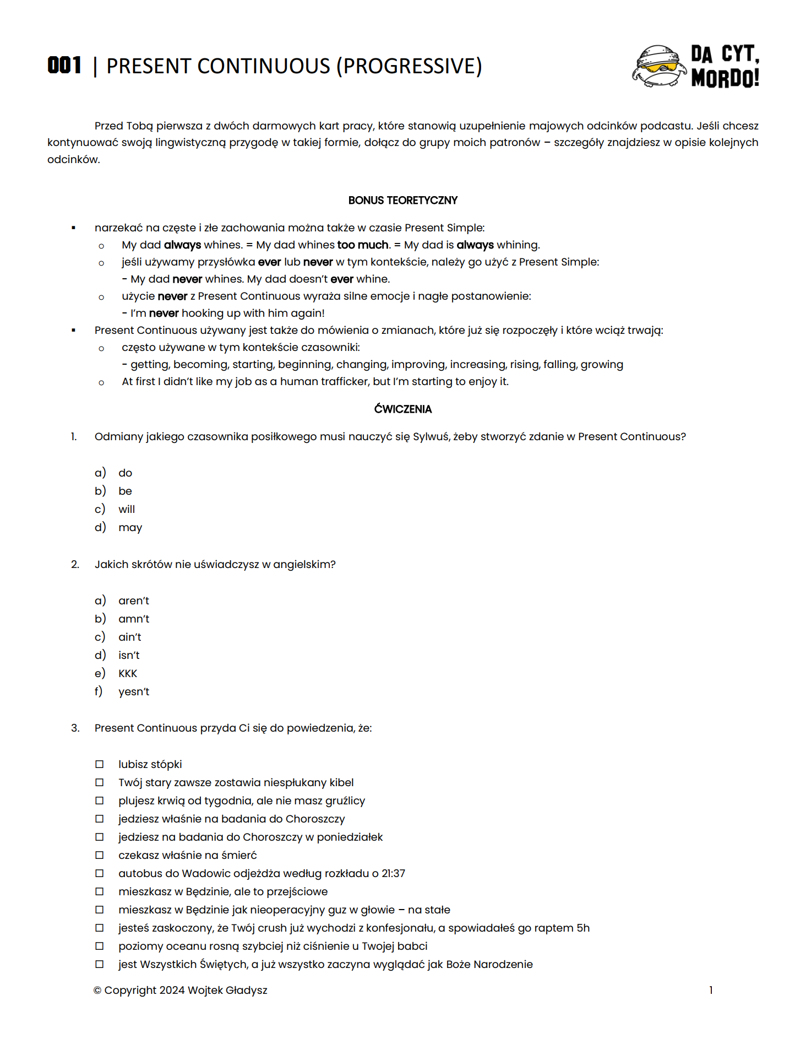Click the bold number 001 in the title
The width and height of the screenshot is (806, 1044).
[64, 66]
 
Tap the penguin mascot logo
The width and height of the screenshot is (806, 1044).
[658, 66]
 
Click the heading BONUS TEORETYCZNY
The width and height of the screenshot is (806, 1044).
[402, 201]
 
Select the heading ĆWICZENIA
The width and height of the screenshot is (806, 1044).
[402, 409]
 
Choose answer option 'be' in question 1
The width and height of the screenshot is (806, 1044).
[125, 491]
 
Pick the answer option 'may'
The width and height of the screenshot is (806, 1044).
[130, 527]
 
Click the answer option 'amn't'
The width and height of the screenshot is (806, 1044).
[134, 619]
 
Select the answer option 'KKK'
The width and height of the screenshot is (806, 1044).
[128, 673]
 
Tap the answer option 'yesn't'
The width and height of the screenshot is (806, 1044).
[134, 691]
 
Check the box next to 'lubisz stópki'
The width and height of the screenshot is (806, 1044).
[100, 764]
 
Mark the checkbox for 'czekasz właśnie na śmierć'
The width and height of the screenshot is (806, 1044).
[100, 855]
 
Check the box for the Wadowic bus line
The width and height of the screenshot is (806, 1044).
[100, 873]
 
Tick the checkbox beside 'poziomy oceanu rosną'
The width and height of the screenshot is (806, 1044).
[100, 946]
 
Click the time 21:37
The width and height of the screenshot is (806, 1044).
[393, 873]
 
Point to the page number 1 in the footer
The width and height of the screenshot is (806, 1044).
[711, 990]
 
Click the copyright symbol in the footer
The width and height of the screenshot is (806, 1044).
[97, 991]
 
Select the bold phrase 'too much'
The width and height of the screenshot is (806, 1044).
[362, 245]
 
